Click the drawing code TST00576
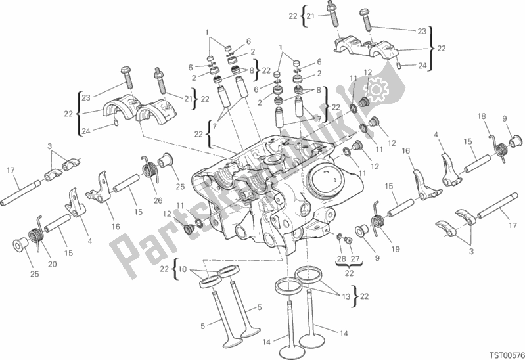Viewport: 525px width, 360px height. click(x=501, y=353)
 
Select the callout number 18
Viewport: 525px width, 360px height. click(x=482, y=116)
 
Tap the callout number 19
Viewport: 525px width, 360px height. click(x=395, y=249)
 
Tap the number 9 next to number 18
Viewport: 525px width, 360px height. click(x=505, y=119)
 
